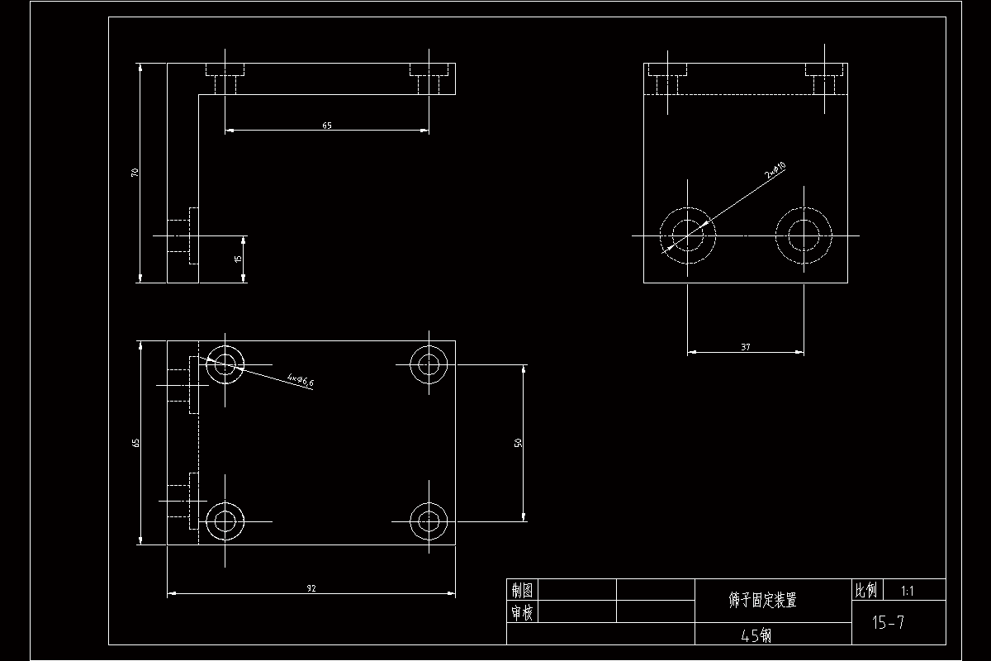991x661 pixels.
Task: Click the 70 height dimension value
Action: pos(134,173)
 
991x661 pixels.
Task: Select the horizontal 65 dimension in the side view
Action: pos(327,126)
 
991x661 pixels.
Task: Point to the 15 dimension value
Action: pos(239,259)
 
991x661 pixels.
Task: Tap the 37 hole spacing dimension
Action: pos(746,348)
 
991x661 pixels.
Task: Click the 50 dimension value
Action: pos(519,443)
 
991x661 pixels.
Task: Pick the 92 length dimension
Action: pos(311,588)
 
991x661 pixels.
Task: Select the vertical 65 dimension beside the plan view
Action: pos(136,443)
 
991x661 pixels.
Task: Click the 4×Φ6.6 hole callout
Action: pos(301,381)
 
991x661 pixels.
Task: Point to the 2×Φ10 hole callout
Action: pos(775,171)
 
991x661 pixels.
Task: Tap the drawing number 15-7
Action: pos(888,623)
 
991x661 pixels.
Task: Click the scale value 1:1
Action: pos(908,591)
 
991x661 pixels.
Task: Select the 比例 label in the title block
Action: pos(865,590)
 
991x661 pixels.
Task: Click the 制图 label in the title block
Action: pos(522,590)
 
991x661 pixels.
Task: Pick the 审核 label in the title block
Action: pos(522,612)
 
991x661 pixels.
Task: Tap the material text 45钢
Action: pos(756,635)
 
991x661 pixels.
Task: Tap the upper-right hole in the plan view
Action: pos(429,363)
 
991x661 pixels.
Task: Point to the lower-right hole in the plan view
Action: pos(429,521)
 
